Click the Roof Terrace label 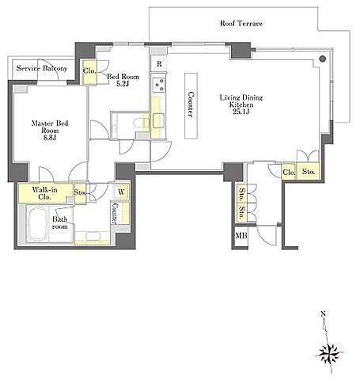pos(241,23)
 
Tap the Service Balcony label pos(42,68)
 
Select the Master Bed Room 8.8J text pos(50,131)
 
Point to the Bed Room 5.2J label pos(123,80)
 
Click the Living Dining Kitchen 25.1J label pos(241,104)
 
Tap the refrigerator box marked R pos(159,63)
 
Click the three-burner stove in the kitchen pos(158,85)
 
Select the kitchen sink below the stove pos(158,120)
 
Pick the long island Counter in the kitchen pos(191,105)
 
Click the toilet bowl pos(139,123)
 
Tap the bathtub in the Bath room pos(38,223)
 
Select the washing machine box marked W pos(122,192)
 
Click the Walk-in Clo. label pos(44,193)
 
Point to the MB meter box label pos(241,235)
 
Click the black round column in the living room pos(323,59)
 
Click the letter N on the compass pos(323,313)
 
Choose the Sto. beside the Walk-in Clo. pos(80,193)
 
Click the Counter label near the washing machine pos(115,213)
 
